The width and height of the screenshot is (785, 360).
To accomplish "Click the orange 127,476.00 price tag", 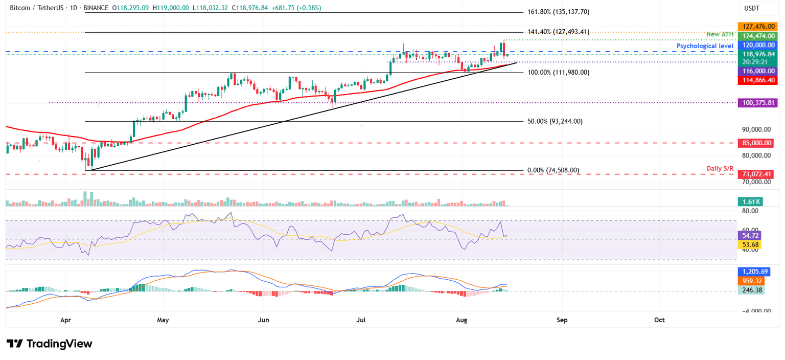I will (x=755, y=26).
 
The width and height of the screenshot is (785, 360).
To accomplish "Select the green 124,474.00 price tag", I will (x=755, y=36).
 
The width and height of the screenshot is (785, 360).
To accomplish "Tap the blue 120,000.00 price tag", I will (x=755, y=46).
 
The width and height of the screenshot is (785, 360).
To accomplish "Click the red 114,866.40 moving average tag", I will (x=755, y=80).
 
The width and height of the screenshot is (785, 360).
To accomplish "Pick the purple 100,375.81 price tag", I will (x=755, y=103).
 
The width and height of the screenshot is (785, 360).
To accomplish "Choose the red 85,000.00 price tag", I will (x=755, y=144).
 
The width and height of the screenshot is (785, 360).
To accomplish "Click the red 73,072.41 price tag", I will (x=755, y=174).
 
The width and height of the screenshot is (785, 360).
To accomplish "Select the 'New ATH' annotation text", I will (x=721, y=34).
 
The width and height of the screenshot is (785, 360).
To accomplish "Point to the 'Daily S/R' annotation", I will (x=721, y=169).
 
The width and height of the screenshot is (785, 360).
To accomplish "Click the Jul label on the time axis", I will (x=361, y=320).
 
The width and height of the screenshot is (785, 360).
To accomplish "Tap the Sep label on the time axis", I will (x=561, y=320).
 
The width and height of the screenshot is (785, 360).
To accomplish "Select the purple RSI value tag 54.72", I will (x=749, y=236).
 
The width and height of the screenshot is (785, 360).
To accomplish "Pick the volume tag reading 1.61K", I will (x=749, y=202).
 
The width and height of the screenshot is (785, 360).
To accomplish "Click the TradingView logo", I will (x=50, y=344).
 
